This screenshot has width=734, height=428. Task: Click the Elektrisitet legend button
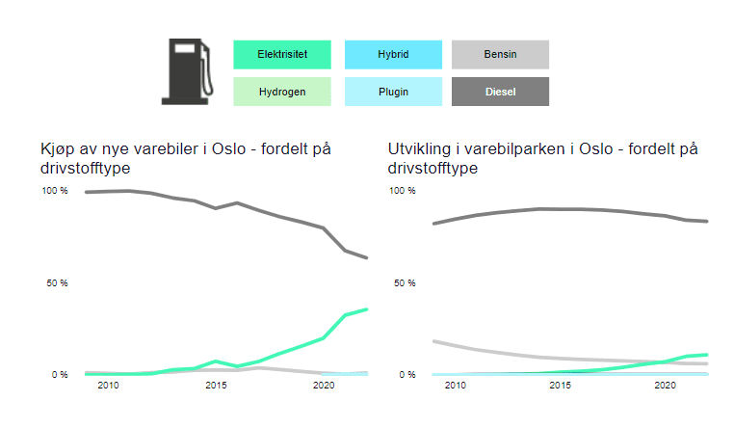(x=282, y=55)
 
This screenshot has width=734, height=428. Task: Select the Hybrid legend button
(x=393, y=55)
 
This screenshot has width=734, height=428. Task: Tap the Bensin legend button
(x=500, y=55)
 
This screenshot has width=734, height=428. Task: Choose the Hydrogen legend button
(x=282, y=92)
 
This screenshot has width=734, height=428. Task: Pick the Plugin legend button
(x=393, y=92)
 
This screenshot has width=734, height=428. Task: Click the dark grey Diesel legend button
(x=500, y=92)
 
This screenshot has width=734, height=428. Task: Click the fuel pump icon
(x=187, y=71)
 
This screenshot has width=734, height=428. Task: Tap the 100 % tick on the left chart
(x=55, y=191)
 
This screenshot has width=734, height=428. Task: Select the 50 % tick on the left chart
(x=58, y=283)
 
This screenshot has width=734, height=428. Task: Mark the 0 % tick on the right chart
(x=406, y=374)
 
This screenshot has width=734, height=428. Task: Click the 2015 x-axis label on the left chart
(x=216, y=386)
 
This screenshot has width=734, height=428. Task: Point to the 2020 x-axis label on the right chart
(x=664, y=386)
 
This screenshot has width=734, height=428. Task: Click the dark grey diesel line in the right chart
(x=559, y=209)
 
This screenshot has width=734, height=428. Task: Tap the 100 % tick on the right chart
(x=404, y=191)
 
